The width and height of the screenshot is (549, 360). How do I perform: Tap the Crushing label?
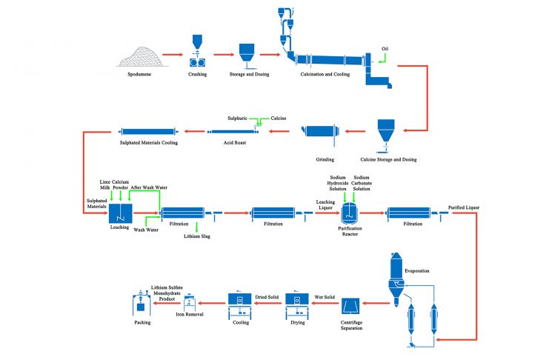click(x=197, y=74)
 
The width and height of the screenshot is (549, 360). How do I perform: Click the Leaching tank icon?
click(x=121, y=214)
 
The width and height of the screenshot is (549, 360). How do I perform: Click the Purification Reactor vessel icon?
click(x=348, y=213)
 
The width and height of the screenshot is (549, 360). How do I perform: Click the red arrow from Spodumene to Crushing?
click(x=173, y=54)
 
